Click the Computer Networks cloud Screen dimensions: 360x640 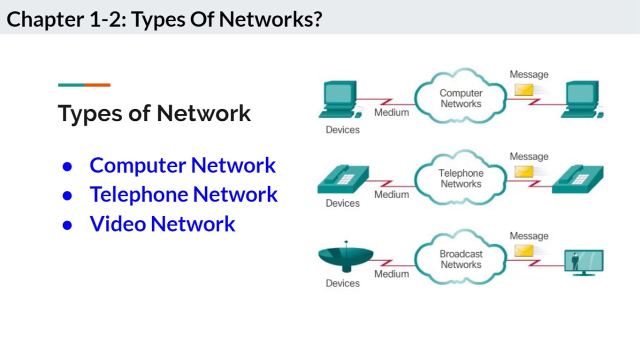(x=460, y=98)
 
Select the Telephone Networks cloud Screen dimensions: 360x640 (x=460, y=178)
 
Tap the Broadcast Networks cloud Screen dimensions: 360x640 (x=460, y=259)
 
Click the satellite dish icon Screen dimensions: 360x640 (x=345, y=257)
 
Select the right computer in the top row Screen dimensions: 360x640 (x=582, y=99)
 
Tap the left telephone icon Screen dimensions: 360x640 (x=343, y=180)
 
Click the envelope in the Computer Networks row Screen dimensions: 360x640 (x=524, y=90)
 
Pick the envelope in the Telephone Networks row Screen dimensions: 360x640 (x=524, y=171)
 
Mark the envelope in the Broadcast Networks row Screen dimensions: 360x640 (x=524, y=250)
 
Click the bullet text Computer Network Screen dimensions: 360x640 (x=182, y=165)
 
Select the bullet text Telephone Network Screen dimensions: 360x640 (x=183, y=194)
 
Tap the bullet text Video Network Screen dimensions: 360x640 (x=162, y=224)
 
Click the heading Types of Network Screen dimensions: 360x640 (x=154, y=113)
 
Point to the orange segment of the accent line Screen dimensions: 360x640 (x=97, y=85)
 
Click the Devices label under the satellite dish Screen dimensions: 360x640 (x=342, y=283)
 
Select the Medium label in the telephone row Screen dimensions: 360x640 (x=391, y=194)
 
